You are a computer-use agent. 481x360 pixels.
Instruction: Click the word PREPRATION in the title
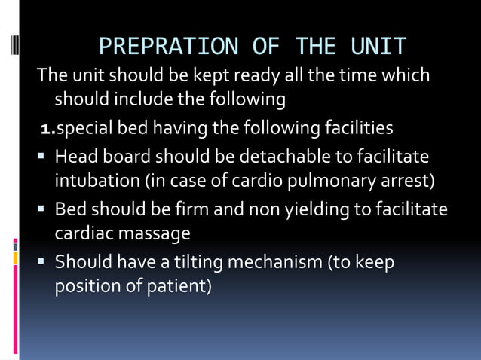(x=168, y=47)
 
